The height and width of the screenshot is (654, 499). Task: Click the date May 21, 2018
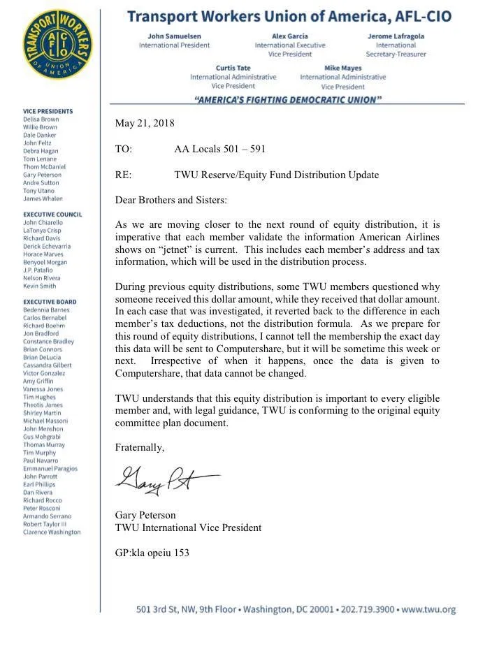(145, 123)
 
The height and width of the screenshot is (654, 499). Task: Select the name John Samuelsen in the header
(174, 36)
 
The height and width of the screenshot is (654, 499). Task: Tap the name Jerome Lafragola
(400, 36)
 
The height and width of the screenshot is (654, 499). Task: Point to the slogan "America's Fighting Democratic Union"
(288, 100)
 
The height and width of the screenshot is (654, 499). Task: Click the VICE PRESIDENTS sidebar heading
(48, 111)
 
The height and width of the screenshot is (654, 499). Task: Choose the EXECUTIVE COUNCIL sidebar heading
(52, 215)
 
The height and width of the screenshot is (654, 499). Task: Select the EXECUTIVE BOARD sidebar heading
(50, 302)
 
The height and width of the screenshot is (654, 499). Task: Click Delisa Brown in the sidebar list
(41, 119)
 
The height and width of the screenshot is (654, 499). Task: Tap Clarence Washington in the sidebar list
(52, 532)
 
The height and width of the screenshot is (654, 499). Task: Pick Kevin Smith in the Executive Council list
(40, 286)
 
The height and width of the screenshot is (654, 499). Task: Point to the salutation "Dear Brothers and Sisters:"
(171, 200)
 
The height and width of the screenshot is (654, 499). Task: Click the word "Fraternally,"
(140, 448)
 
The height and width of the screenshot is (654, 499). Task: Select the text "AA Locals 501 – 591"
(219, 149)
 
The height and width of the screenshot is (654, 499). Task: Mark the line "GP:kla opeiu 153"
(152, 553)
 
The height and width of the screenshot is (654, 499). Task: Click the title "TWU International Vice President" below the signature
(188, 528)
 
